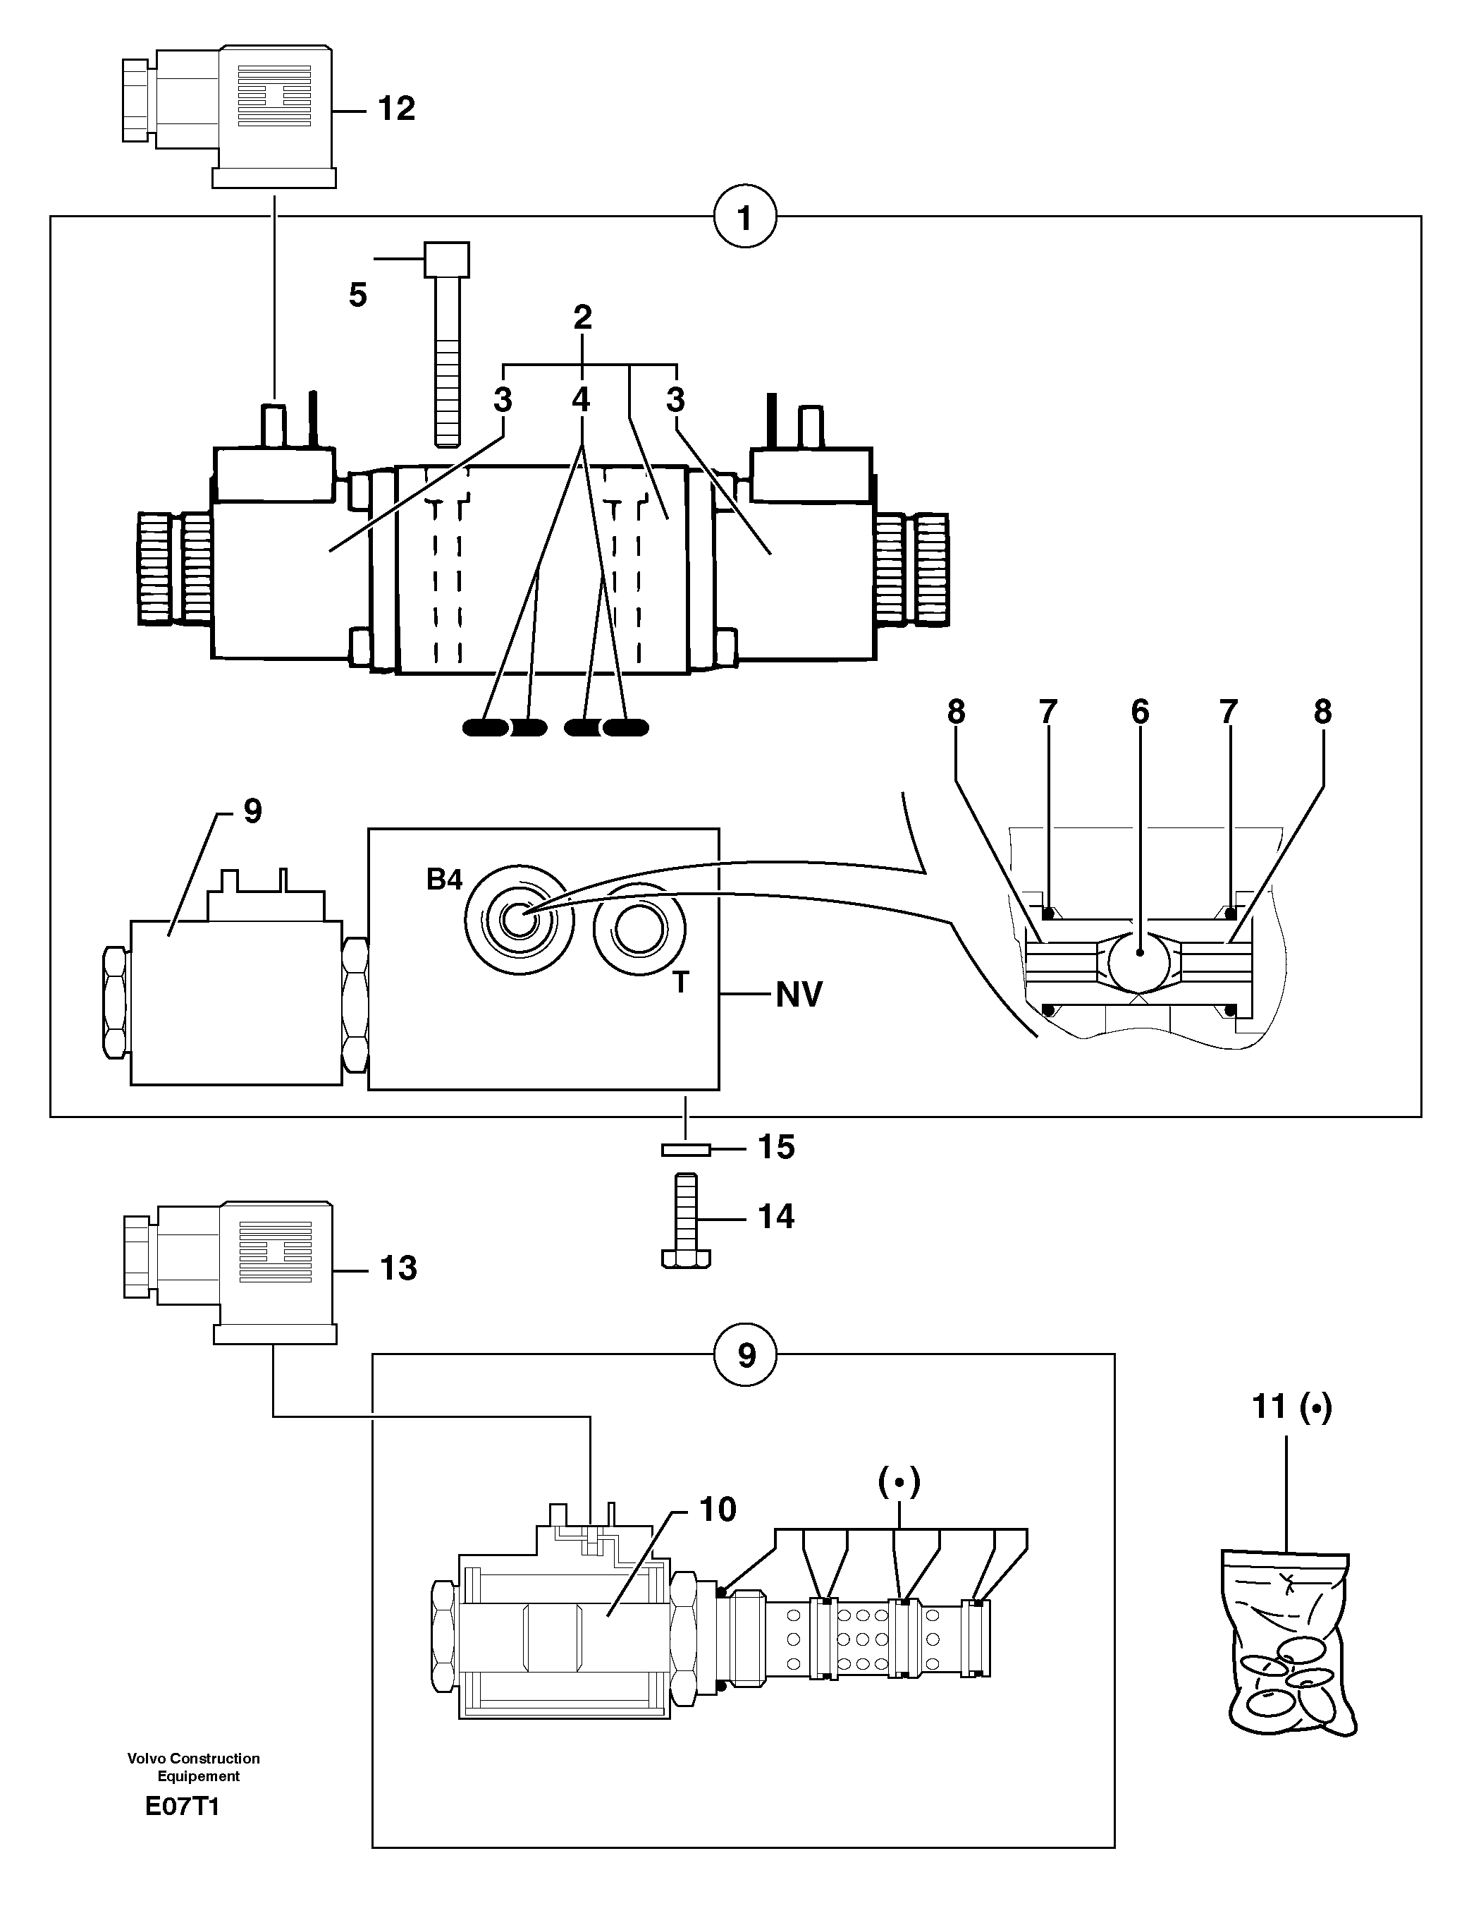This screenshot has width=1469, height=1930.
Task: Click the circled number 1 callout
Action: [x=745, y=218]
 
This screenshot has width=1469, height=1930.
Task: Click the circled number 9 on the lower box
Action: [x=745, y=1355]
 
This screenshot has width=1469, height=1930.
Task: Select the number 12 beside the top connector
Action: [x=396, y=109]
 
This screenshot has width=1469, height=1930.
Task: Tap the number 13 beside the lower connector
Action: [x=398, y=1268]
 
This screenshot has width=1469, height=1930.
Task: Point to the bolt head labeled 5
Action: [x=446, y=260]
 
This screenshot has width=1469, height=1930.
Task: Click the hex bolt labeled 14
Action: [x=687, y=1221]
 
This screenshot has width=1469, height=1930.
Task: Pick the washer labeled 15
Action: [x=687, y=1148]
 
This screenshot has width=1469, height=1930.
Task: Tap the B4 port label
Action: [x=444, y=880]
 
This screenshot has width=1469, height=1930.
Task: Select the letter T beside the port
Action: [x=680, y=983]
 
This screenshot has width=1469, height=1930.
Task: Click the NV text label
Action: [x=799, y=995]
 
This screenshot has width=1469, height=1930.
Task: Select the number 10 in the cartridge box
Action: [x=718, y=1510]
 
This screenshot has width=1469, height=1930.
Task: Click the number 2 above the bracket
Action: [x=582, y=317]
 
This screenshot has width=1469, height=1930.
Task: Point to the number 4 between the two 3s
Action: [x=581, y=400]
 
